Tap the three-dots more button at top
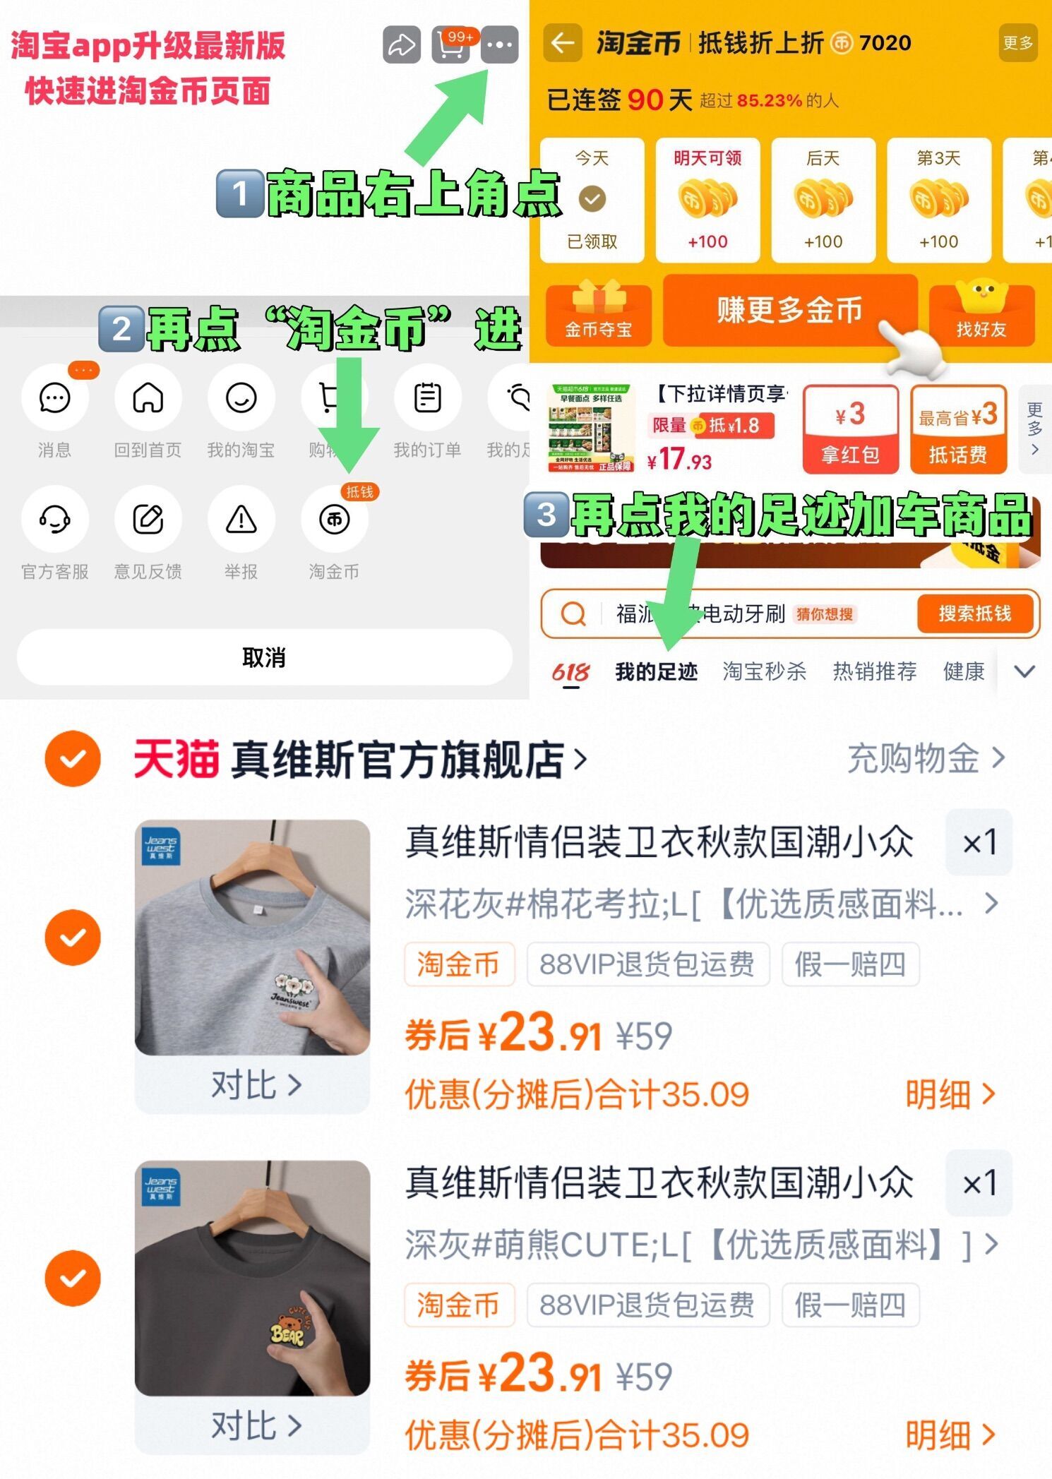[x=499, y=45]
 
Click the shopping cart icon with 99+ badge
[x=451, y=45]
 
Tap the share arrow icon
[x=402, y=45]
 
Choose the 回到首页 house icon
[x=148, y=398]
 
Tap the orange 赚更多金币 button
[x=789, y=311]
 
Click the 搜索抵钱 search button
[x=974, y=613]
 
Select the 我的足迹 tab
[x=656, y=671]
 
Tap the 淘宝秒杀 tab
[x=764, y=671]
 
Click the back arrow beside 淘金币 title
[x=563, y=43]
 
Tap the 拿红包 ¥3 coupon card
[x=850, y=429]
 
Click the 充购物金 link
[x=925, y=759]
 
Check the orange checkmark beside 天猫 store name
[x=73, y=759]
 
